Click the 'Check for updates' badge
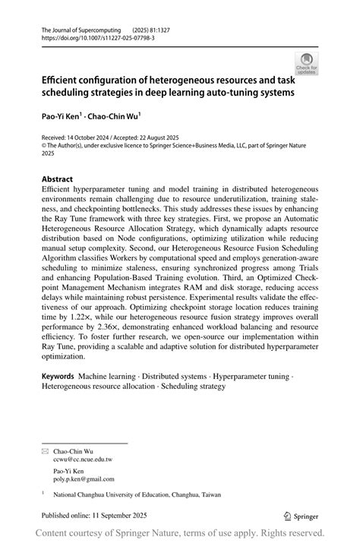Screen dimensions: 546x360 [x=306, y=63]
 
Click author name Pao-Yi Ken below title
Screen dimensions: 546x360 [x=65, y=118]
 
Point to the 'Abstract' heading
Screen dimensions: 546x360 [x=58, y=180]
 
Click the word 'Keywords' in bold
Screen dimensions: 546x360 [x=58, y=375]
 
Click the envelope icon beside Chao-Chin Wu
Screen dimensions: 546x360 [x=43, y=450]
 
